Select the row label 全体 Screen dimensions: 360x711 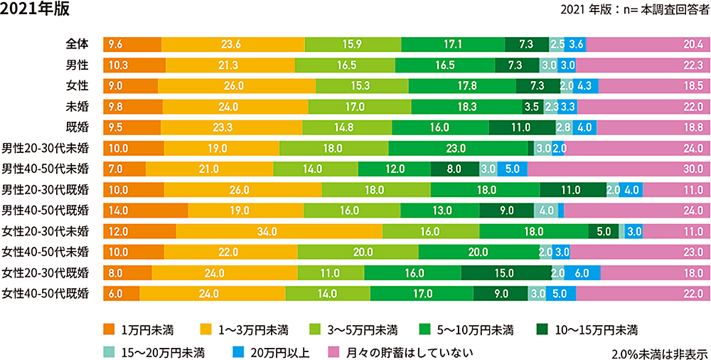click(x=77, y=44)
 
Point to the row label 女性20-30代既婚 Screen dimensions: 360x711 click(x=46, y=272)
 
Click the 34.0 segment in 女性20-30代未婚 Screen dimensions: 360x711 click(x=279, y=231)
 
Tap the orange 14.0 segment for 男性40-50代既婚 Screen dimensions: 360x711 click(x=145, y=211)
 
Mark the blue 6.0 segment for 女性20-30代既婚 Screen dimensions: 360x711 click(x=582, y=272)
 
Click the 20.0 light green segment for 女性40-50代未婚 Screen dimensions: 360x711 click(x=358, y=252)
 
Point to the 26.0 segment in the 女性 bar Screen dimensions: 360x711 click(x=236, y=85)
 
